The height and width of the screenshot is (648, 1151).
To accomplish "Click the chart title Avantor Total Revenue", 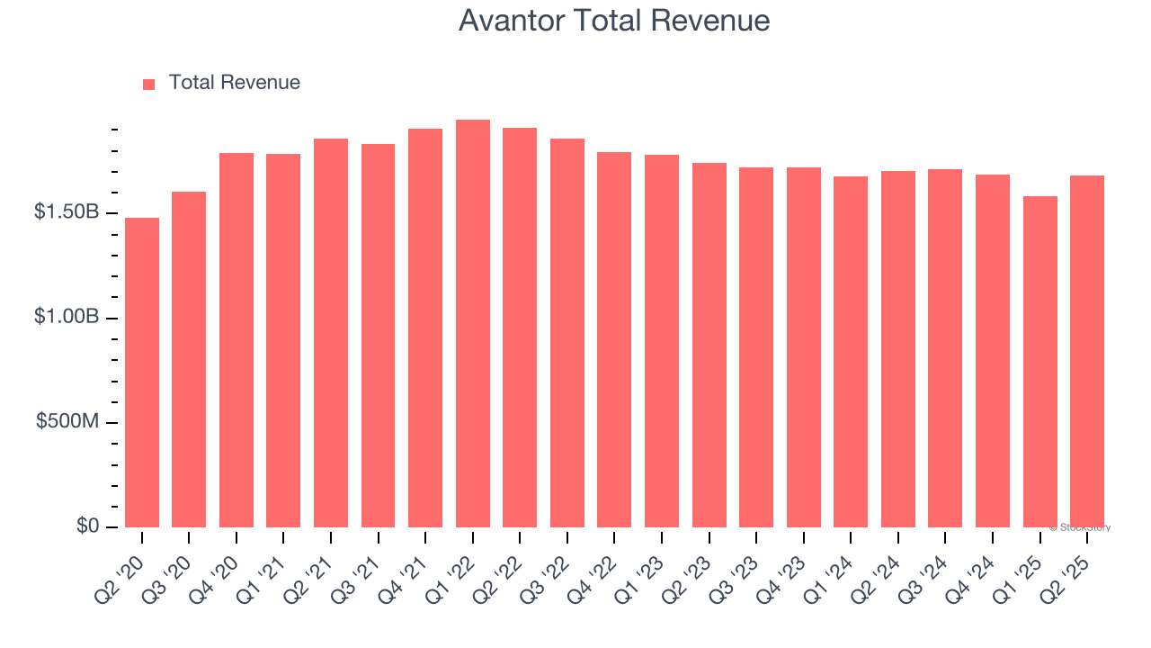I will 614,21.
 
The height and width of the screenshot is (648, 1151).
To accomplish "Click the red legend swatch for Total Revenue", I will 149,84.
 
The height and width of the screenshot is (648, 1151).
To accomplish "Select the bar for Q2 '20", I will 142,373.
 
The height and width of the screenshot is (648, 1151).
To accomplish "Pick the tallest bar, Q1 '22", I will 473,324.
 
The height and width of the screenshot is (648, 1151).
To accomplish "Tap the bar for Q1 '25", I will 1040,362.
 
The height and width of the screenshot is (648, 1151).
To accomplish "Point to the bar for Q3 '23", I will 756,347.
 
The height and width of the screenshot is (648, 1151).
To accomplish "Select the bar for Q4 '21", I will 425,328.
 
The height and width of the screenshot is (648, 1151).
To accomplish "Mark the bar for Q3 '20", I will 189,360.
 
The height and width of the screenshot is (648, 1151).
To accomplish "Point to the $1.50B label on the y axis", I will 67,212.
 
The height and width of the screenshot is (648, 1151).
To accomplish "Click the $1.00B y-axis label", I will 67,318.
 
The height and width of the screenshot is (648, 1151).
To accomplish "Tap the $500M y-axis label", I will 67,422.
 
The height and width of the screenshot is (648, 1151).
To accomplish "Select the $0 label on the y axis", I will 87,526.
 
